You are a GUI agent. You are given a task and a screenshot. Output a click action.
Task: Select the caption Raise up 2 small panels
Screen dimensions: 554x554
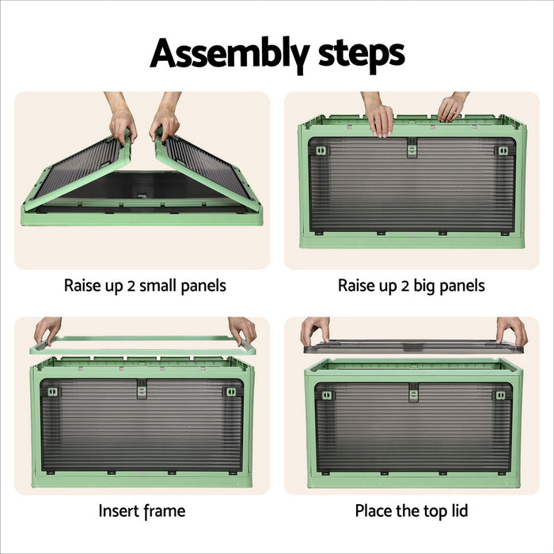tap(145, 286)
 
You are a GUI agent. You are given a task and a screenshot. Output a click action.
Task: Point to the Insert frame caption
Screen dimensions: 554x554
tap(142, 510)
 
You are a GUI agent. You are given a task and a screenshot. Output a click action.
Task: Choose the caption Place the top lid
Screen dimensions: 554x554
tap(412, 510)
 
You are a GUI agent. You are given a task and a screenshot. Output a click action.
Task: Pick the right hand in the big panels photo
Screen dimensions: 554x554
tap(453, 108)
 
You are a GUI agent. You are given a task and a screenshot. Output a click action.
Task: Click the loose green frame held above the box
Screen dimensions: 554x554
tap(142, 344)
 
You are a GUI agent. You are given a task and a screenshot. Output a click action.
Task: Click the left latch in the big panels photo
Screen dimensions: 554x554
tap(321, 150)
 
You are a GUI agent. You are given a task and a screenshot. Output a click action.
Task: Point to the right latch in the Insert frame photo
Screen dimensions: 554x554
tap(230, 392)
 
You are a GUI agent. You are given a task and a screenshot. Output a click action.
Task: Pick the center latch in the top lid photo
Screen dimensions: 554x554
tap(413, 393)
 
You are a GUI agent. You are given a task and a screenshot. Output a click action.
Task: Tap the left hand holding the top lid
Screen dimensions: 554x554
tap(314, 329)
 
